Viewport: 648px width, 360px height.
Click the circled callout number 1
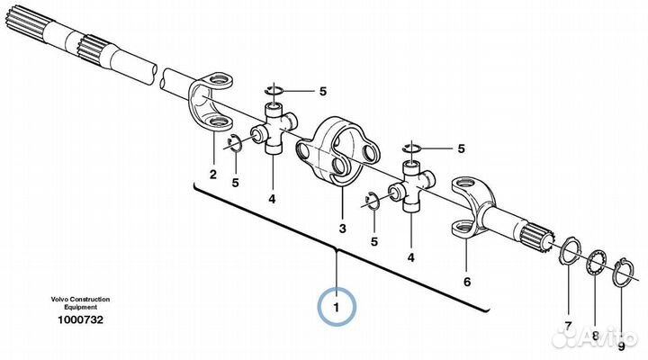point(337,308)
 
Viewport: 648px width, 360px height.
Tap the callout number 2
point(212,175)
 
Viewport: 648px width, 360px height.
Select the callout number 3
point(342,229)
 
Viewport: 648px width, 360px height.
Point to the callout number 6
point(467,282)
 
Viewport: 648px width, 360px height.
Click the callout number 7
point(568,326)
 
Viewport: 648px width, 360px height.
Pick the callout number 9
point(621,346)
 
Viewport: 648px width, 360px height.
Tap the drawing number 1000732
point(81,319)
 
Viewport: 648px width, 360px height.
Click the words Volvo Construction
point(81,299)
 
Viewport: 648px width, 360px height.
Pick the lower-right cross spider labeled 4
point(411,187)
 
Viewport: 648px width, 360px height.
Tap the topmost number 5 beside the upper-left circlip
point(323,91)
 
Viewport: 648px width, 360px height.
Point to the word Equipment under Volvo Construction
point(81,307)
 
